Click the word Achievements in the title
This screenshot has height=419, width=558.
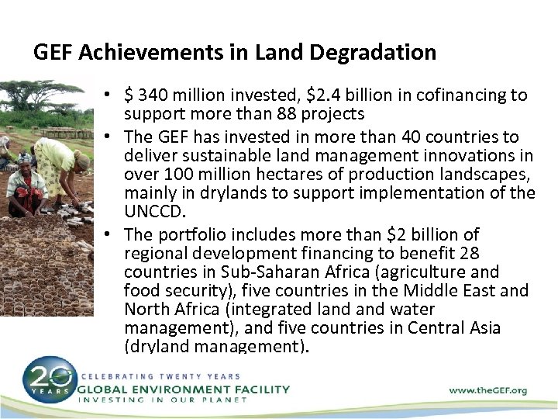click(x=132, y=53)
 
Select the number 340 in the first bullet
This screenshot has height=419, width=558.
click(x=155, y=95)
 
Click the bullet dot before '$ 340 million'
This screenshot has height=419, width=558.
click(x=112, y=96)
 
